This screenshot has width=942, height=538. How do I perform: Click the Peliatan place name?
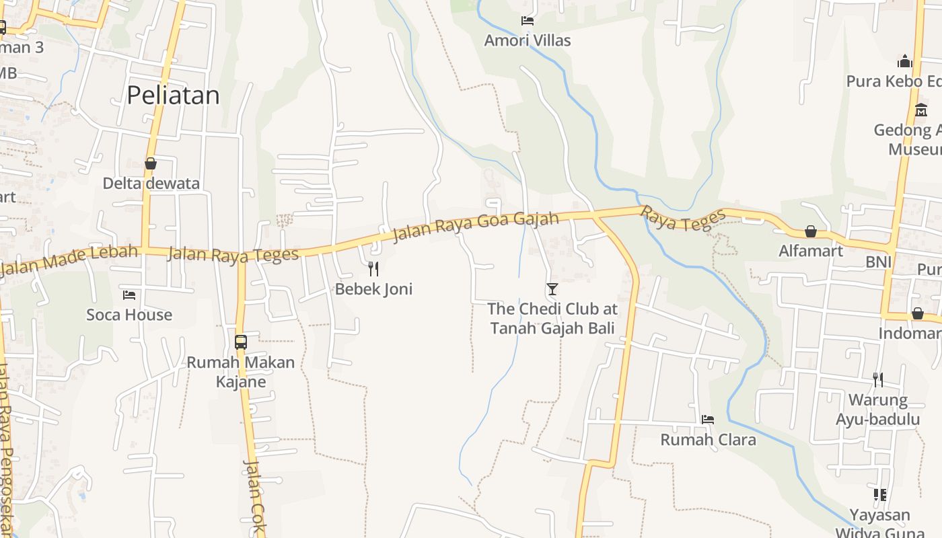click(x=173, y=95)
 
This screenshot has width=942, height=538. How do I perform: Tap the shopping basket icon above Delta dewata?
click(x=151, y=163)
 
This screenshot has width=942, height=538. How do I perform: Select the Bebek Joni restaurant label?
click(x=373, y=289)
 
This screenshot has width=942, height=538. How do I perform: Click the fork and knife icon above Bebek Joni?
click(x=373, y=269)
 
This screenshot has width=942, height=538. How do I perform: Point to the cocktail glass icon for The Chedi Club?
click(x=552, y=289)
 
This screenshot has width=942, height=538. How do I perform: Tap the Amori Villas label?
click(x=528, y=40)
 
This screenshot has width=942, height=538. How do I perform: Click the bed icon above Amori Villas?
click(x=528, y=21)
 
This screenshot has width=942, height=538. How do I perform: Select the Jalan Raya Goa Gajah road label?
click(x=475, y=227)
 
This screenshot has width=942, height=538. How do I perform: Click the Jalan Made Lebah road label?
click(x=69, y=260)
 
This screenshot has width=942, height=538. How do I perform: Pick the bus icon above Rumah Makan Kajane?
click(x=241, y=342)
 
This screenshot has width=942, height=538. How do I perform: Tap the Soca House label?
click(x=129, y=315)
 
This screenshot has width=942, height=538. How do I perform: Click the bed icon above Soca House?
click(x=129, y=295)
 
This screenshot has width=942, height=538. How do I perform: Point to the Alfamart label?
click(x=811, y=251)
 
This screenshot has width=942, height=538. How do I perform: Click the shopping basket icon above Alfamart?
click(x=811, y=231)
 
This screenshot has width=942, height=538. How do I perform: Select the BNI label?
click(x=879, y=261)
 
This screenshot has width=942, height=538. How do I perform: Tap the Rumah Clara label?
click(x=708, y=440)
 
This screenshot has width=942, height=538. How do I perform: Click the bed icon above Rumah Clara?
click(x=708, y=419)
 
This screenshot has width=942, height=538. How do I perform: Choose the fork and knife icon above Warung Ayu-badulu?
click(x=877, y=380)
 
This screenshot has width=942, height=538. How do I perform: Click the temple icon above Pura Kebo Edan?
click(x=905, y=62)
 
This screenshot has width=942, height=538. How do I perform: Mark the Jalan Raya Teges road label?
click(x=233, y=255)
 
